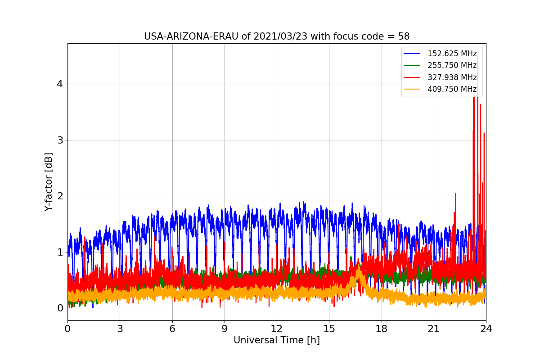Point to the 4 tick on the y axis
[60, 84]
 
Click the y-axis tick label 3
[60, 140]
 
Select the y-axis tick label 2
[60, 196]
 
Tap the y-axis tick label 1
[60, 252]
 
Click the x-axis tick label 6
[172, 329]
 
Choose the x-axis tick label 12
[277, 329]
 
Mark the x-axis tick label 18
[381, 329]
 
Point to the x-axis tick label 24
[486, 329]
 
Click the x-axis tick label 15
[329, 329]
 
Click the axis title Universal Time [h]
[276, 341]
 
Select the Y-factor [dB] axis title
[49, 182]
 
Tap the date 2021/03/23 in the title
[280, 36]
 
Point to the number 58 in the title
[404, 36]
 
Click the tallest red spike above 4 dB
[477, 57]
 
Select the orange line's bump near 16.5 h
[358, 270]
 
